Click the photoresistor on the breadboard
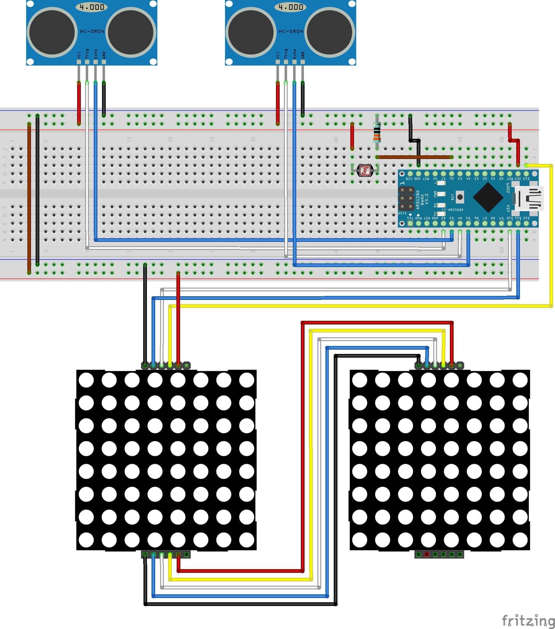(365, 170)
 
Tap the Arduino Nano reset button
(460, 197)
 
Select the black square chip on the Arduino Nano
(488, 198)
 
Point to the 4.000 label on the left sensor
(92, 7)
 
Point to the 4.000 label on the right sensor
(290, 7)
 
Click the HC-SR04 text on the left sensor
(92, 31)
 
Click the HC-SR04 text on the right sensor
(291, 31)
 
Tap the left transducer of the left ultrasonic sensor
(52, 32)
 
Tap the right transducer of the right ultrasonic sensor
(329, 32)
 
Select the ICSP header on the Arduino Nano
(406, 199)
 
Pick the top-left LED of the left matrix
(86, 380)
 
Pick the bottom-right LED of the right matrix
(520, 540)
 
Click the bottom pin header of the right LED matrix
(439, 554)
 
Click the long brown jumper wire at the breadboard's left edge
(29, 197)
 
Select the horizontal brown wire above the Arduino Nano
(414, 157)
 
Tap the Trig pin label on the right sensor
(286, 53)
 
